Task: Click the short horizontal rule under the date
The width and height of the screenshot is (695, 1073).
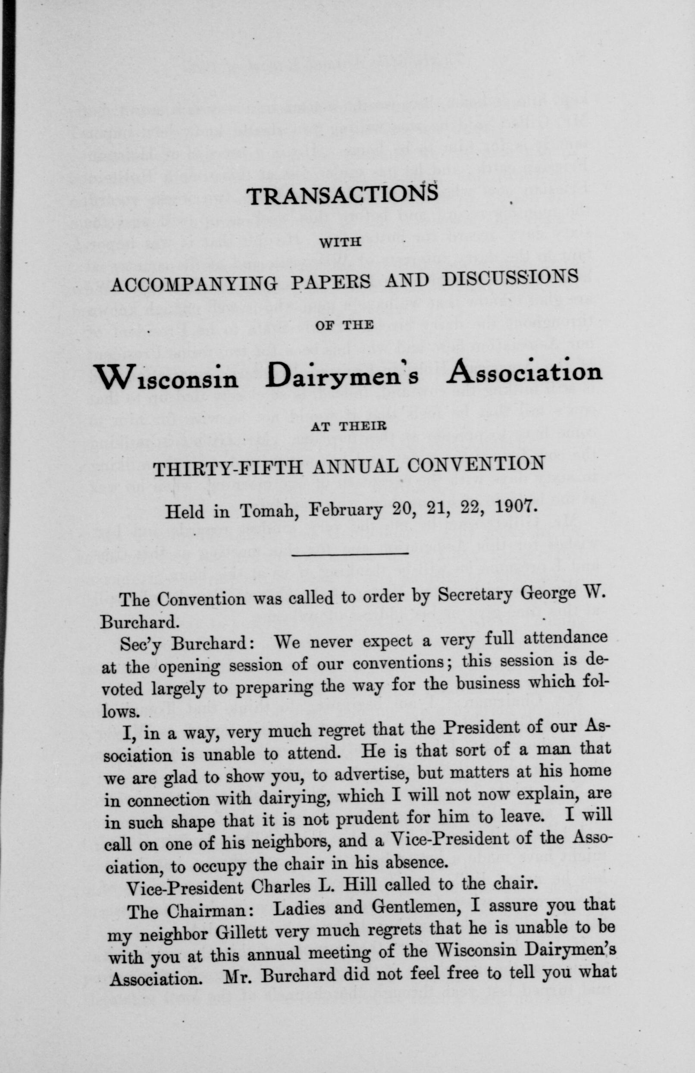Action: click(x=350, y=553)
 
